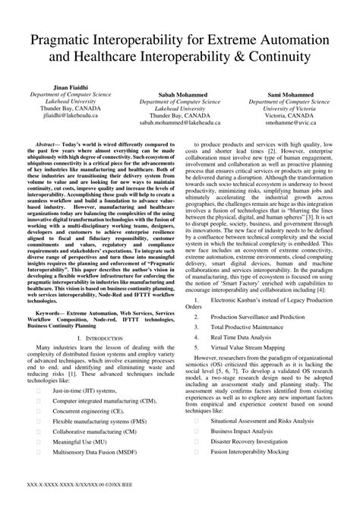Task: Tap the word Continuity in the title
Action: tap(275, 58)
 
